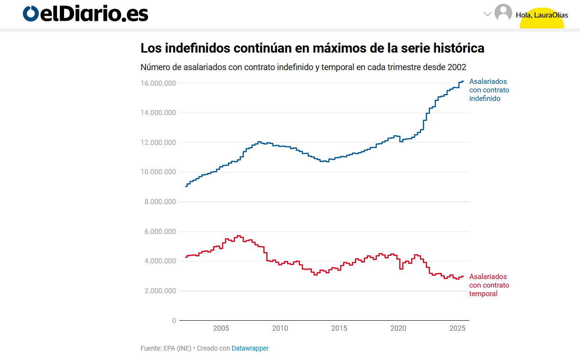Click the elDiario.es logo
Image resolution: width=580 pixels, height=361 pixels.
tap(85, 14)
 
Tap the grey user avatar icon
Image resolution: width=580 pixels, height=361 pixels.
tap(503, 13)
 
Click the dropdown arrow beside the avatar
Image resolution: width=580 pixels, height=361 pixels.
tap(487, 14)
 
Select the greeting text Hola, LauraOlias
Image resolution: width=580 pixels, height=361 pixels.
tap(542, 15)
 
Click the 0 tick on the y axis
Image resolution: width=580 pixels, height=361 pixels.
tap(174, 321)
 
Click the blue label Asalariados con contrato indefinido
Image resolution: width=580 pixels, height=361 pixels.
tap(489, 90)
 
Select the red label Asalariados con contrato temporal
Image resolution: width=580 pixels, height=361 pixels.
tap(489, 285)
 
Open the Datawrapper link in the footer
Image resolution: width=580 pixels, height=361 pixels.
tap(250, 349)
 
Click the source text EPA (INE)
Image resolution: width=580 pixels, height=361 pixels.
tap(177, 349)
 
